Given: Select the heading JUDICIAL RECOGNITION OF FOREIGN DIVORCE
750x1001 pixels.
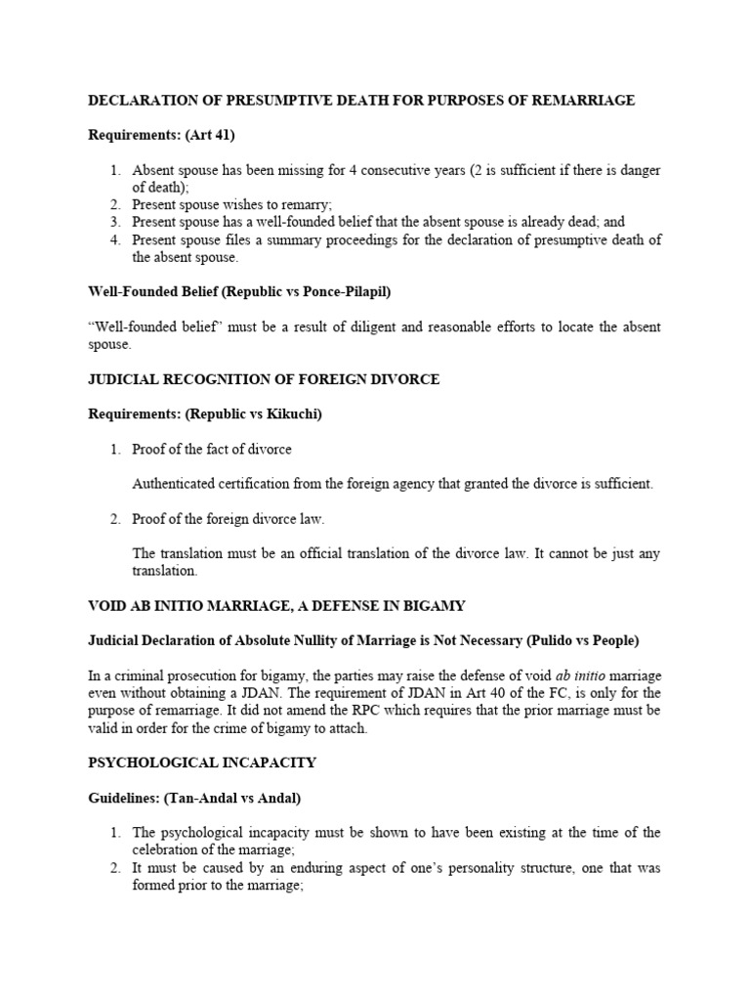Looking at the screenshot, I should pyautogui.click(x=264, y=379).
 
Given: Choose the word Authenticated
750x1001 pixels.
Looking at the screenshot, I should pyautogui.click(x=177, y=484).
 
